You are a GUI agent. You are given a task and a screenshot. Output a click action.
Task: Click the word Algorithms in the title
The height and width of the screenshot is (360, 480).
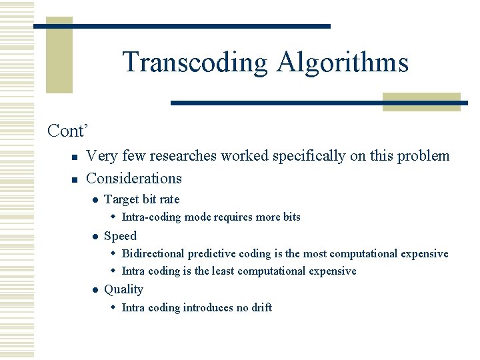pyautogui.click(x=342, y=63)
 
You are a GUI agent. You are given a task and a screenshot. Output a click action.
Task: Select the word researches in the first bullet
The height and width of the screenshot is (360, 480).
pyautogui.click(x=183, y=156)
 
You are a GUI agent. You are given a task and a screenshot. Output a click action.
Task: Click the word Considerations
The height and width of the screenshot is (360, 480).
pyautogui.click(x=134, y=179)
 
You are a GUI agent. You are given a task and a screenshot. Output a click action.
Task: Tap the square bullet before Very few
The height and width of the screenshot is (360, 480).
pyautogui.click(x=75, y=157)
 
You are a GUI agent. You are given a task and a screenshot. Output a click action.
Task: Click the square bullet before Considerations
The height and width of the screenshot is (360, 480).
pyautogui.click(x=75, y=179)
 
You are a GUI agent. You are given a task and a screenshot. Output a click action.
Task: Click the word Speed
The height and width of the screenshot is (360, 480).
pyautogui.click(x=120, y=236)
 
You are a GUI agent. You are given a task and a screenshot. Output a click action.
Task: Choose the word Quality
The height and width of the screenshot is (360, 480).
pyautogui.click(x=123, y=289)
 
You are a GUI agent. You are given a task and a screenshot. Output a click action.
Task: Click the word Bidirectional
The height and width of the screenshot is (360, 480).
pyautogui.click(x=154, y=253)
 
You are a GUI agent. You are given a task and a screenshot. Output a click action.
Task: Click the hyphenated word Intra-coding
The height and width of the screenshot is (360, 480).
pyautogui.click(x=151, y=217)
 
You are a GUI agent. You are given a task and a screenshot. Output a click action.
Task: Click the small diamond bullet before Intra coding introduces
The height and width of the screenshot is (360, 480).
pyautogui.click(x=113, y=307)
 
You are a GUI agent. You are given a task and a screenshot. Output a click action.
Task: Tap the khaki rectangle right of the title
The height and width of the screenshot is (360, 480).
pyautogui.click(x=421, y=101)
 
